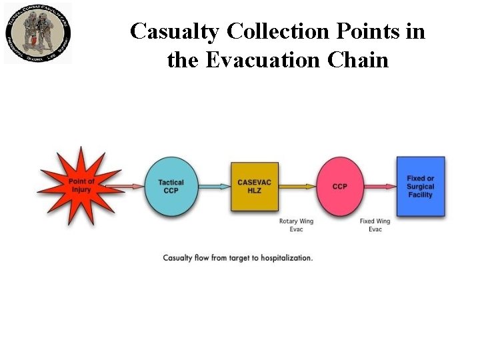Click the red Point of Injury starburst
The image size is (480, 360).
[81, 186]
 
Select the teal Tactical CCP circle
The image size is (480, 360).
[171, 186]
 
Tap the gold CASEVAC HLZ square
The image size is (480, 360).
[254, 186]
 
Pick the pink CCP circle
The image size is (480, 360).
[340, 186]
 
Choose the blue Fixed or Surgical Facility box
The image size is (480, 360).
[420, 186]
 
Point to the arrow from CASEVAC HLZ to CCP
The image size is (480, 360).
[297, 186]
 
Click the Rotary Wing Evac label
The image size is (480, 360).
[296, 225]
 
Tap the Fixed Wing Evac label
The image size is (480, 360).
[375, 225]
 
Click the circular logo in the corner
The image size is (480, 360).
[38, 33]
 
